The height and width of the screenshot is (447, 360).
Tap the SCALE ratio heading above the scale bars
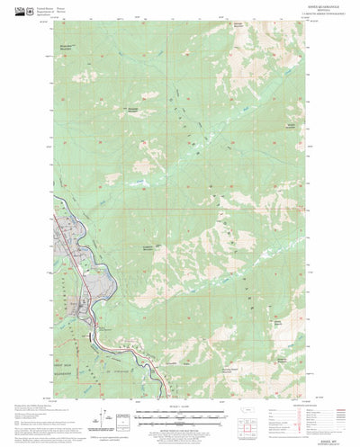click(x=180, y=406)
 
